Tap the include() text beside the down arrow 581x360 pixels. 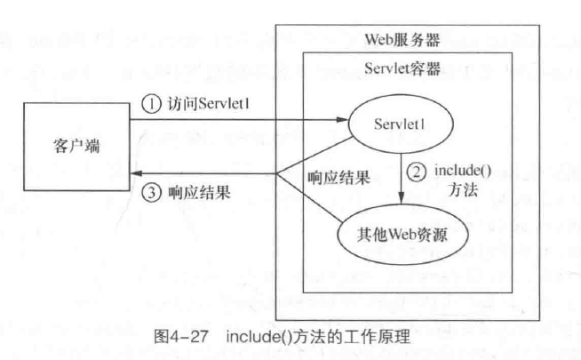click(458, 169)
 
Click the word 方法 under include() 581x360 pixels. click(448, 188)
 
